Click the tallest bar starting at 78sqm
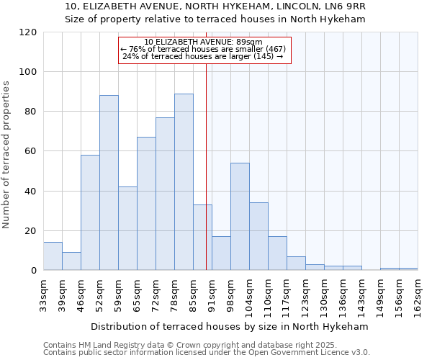click(x=184, y=182)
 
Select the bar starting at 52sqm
click(x=109, y=183)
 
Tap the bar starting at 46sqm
click(x=90, y=212)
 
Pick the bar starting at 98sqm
click(x=240, y=217)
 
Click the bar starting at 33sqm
click(x=53, y=256)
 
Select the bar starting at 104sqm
click(x=258, y=236)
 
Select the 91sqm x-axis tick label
click(x=212, y=294)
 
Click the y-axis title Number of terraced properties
click(x=6, y=155)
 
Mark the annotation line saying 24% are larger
click(x=203, y=56)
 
